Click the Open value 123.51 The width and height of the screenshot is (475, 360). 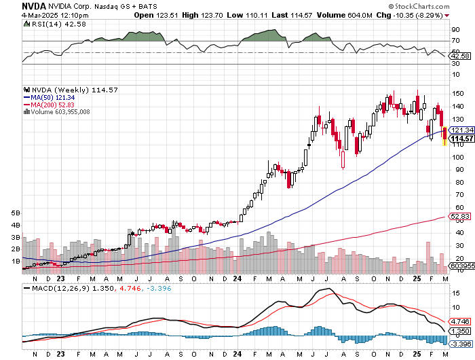[166, 15]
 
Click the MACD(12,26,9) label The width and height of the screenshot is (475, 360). [52, 289]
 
